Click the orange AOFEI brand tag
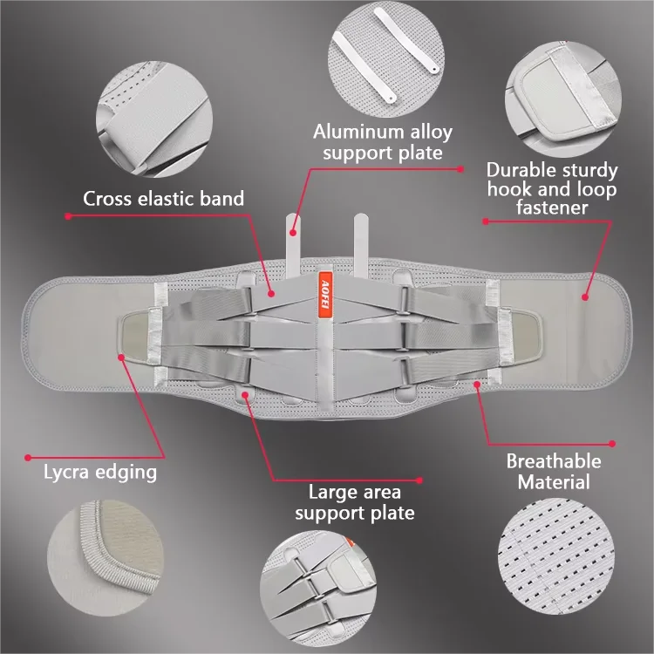point(325,295)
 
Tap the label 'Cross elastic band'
point(164,199)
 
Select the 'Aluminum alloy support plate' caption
point(383,142)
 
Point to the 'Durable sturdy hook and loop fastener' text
point(552,188)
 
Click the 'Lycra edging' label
point(100,472)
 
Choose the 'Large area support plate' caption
point(355,502)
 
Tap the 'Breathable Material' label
point(554,472)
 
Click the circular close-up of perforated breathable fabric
point(556,556)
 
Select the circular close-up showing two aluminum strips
point(385,58)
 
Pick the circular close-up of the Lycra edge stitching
point(106,558)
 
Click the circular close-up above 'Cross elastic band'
point(154,119)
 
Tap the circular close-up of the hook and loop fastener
point(563,99)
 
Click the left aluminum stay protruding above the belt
point(293,245)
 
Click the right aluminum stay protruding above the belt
point(361,245)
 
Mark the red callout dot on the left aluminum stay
point(293,233)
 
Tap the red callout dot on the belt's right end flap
point(585,297)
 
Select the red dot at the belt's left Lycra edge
point(121,358)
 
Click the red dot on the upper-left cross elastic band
point(271,294)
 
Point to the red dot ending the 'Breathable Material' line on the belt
point(477,385)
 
